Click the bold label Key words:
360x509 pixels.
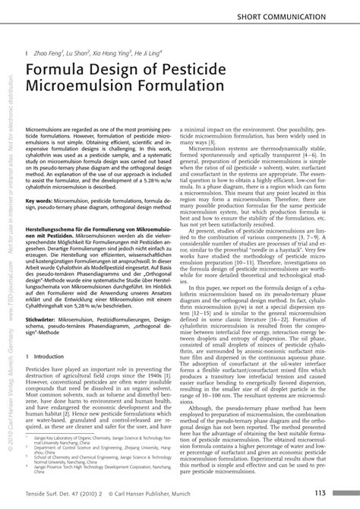[41, 201]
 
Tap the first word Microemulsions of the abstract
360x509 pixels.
[46, 131]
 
